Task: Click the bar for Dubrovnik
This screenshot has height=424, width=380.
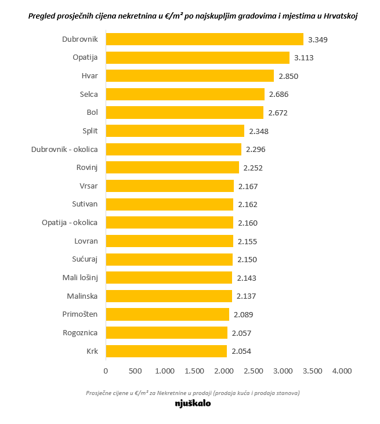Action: pos(204,39)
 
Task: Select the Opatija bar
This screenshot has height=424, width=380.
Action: pos(197,57)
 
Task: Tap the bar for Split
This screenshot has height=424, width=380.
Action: pos(175,131)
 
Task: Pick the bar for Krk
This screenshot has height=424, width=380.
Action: pos(166,351)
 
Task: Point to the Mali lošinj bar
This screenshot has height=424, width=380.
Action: pos(169,278)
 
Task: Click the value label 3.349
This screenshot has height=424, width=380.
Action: pos(319,39)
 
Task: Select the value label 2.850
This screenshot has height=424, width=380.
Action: pos(288,76)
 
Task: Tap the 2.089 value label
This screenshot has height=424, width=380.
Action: pos(243,314)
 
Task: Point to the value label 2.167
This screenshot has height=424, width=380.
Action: pos(248,186)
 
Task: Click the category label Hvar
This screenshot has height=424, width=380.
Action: pos(89,76)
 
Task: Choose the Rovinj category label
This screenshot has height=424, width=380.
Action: pos(86,168)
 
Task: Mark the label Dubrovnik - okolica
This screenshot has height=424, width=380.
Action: pos(64,150)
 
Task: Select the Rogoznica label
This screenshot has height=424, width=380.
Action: pos(80,333)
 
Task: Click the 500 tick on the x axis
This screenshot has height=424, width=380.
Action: pos(135,371)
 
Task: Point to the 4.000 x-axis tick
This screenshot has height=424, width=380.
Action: pos(342,371)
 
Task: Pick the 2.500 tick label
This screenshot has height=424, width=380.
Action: pos(254,371)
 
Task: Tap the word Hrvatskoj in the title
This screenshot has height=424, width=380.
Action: pos(332,16)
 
